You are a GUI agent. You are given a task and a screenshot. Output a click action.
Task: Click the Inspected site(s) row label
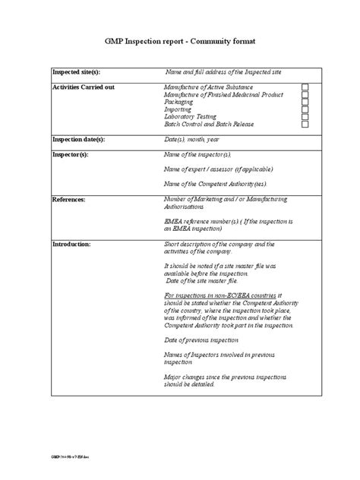[76, 72]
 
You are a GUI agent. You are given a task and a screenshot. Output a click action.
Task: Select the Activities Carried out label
[83, 88]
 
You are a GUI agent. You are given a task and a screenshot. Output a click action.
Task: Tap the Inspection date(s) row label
[78, 140]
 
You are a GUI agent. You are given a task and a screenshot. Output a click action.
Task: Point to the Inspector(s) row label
[70, 154]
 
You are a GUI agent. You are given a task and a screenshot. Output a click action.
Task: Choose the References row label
[68, 199]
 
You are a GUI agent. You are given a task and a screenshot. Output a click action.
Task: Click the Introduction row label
[71, 245]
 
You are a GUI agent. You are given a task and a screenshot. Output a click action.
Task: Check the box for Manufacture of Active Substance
[305, 88]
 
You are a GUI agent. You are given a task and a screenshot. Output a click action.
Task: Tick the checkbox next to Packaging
[305, 103]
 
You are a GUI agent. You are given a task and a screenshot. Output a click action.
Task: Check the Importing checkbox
[305, 110]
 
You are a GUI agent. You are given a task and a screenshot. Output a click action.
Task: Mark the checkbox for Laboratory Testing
[305, 117]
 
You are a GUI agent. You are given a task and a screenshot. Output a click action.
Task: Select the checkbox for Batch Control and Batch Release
[305, 125]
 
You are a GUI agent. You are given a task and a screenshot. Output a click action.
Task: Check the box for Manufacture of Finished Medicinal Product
[305, 96]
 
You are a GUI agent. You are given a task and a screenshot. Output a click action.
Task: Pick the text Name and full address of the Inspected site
[226, 72]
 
